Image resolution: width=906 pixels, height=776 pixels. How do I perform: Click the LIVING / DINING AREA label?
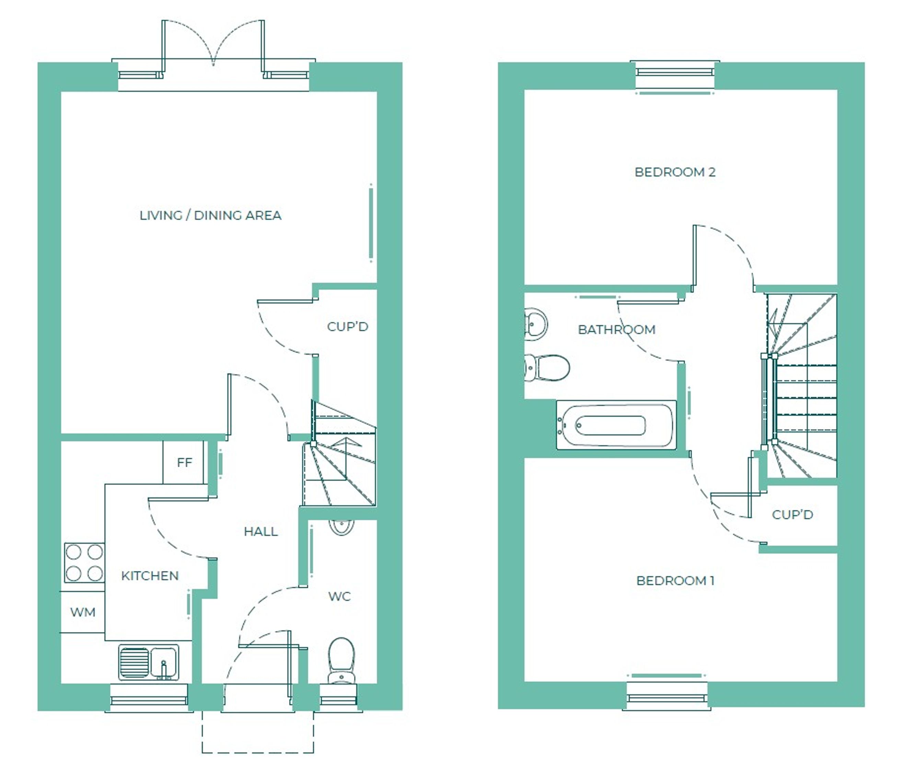(x=210, y=215)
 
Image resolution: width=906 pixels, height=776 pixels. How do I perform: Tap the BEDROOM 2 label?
(x=675, y=172)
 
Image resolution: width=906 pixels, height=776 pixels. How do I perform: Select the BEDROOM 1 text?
(x=675, y=581)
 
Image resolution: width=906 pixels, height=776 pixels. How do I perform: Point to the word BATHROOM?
(x=617, y=329)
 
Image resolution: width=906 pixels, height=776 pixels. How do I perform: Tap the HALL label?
(x=260, y=531)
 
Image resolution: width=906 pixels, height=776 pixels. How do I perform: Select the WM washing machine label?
(x=83, y=612)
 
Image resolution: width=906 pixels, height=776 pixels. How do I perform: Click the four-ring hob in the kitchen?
(x=84, y=562)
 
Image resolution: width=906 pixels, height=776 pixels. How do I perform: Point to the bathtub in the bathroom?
(x=616, y=425)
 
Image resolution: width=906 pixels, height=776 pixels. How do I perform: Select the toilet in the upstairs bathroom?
(x=547, y=368)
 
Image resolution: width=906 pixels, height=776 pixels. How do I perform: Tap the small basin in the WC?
(x=341, y=527)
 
